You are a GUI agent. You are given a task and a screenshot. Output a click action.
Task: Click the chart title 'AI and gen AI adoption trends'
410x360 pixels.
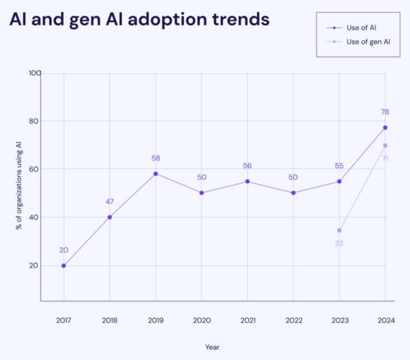139,20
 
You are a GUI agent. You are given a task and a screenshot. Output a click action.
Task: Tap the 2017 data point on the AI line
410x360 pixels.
64,266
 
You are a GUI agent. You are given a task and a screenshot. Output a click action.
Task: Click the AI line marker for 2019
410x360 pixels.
156,174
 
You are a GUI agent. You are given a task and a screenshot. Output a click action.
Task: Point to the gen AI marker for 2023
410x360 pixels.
339,230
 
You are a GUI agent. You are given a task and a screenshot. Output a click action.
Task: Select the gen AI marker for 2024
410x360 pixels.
385,146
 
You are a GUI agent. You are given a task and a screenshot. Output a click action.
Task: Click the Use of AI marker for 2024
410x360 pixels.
385,127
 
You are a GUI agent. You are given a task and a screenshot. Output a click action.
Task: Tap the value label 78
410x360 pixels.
385,112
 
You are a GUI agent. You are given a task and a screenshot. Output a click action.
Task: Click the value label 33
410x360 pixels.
339,243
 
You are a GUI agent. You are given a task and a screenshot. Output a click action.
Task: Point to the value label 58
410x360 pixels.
156,158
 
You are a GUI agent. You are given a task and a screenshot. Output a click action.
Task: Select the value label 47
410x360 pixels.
110,201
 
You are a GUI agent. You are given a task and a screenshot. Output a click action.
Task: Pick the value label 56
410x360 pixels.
247,166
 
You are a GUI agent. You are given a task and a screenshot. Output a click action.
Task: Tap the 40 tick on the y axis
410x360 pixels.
33,217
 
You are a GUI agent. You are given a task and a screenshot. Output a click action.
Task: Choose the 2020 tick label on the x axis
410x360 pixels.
201,320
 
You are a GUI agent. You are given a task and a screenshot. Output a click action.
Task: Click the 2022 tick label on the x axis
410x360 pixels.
293,320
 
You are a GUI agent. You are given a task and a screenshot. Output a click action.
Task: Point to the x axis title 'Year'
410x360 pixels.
212,347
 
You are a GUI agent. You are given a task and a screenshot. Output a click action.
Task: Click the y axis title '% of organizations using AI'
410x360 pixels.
19,187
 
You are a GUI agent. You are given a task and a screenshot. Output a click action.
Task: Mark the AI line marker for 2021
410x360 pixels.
247,181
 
